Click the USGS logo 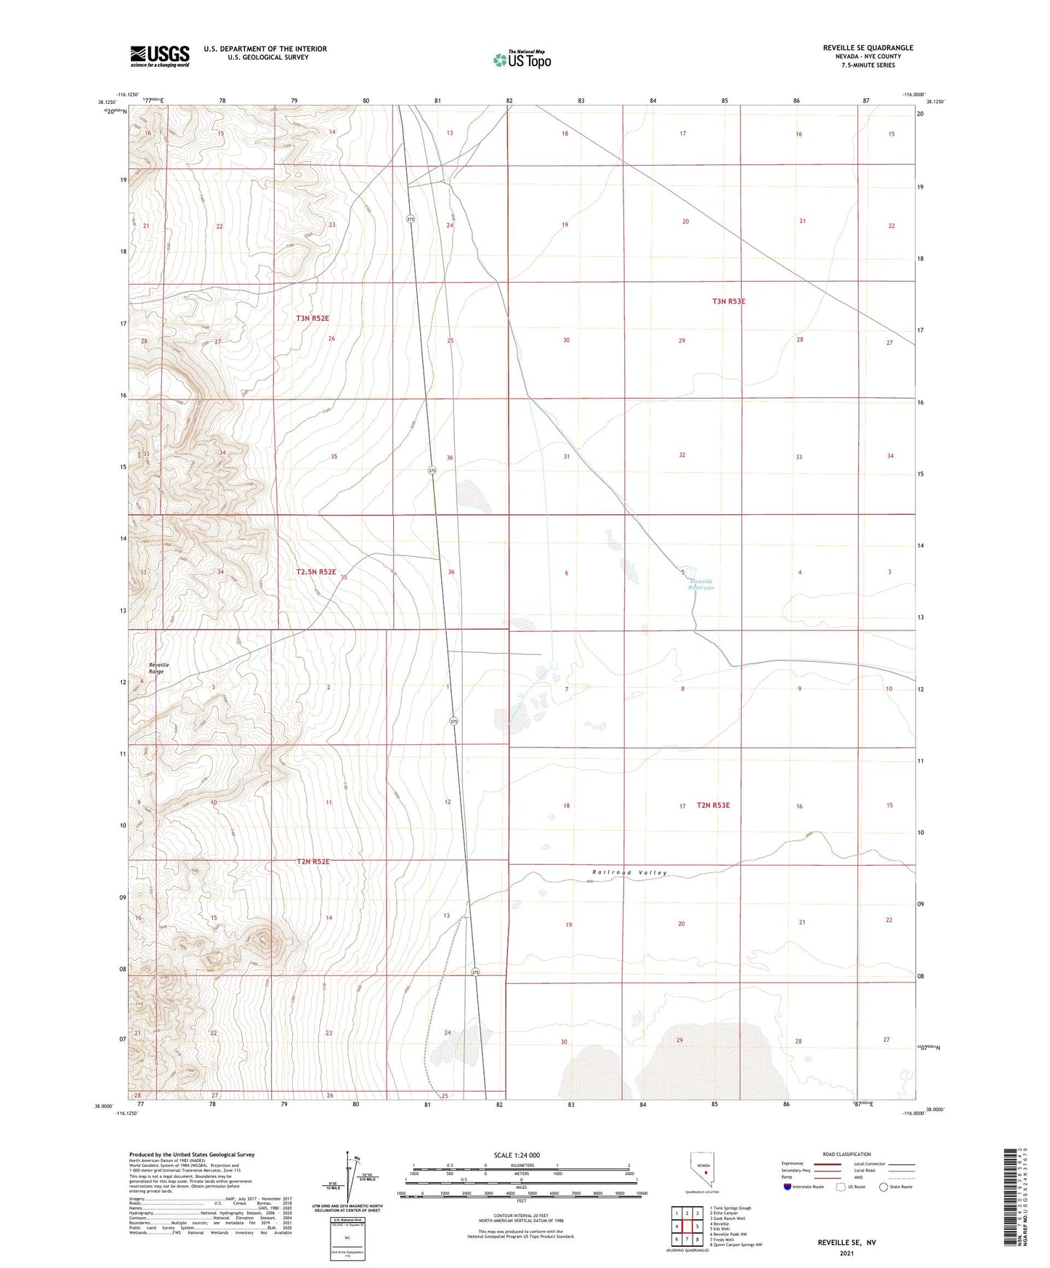click(160, 56)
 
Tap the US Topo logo click(522, 60)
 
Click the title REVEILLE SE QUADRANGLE click(868, 48)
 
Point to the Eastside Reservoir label click(701, 585)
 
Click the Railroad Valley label click(629, 873)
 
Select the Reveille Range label click(158, 668)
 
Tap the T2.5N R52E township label click(316, 572)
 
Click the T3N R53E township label click(729, 301)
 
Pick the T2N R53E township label click(713, 805)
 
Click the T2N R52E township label click(313, 862)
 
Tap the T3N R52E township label click(312, 319)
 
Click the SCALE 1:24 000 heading click(517, 1155)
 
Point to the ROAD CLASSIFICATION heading click(847, 1154)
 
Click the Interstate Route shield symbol click(788, 1187)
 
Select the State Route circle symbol click(884, 1187)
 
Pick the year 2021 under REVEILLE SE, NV click(847, 1253)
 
